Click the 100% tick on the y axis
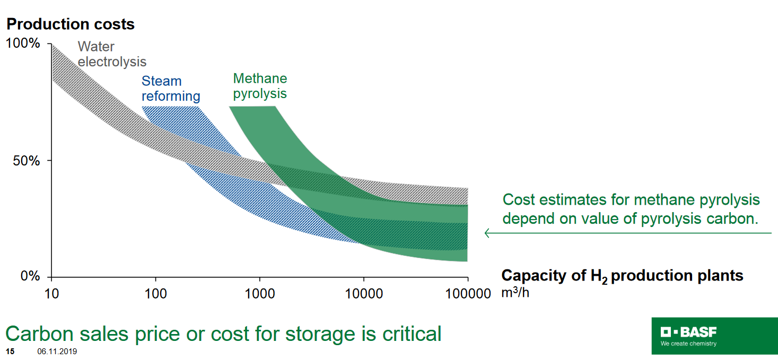tap(23, 43)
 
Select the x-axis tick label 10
tap(51, 293)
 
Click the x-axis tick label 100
tap(155, 293)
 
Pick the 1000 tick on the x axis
tap(259, 293)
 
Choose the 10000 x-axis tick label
tap(363, 293)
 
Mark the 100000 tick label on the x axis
tap(467, 293)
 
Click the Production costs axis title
tap(71, 24)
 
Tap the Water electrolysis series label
tap(112, 54)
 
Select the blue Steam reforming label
tap(170, 89)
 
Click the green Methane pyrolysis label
tap(260, 86)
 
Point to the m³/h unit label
tap(515, 293)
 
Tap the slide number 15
tap(10, 351)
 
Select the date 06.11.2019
tap(57, 351)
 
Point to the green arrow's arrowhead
tap(487, 233)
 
